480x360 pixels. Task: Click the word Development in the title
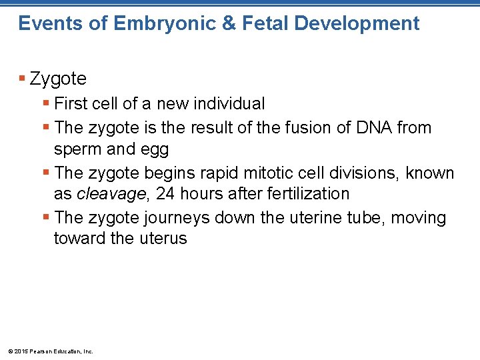[357, 24]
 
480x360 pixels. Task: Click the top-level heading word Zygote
[58, 79]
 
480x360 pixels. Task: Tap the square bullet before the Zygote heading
[23, 79]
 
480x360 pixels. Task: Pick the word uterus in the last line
[163, 239]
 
